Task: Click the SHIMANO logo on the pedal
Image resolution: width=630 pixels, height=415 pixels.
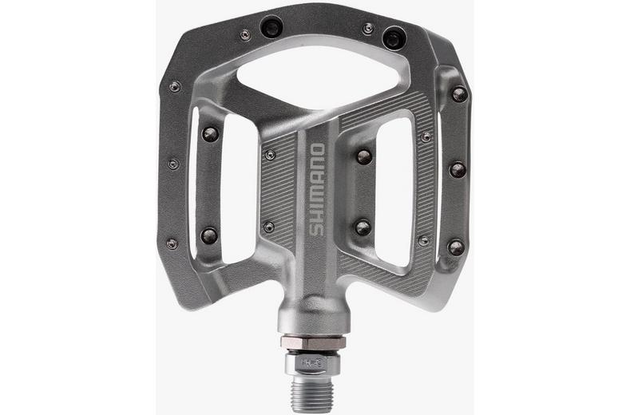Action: (316, 190)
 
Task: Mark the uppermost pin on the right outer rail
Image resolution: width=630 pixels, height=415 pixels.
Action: (459, 93)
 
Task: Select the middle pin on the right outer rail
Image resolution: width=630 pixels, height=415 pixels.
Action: (457, 169)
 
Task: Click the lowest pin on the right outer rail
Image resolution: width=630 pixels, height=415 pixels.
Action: (455, 247)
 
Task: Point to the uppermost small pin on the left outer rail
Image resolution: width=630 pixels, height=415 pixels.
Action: (175, 86)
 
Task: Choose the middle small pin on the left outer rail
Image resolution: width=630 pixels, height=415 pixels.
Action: (173, 164)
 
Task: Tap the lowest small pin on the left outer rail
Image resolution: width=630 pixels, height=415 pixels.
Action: (172, 243)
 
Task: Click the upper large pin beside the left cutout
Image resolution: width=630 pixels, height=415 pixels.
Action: (210, 134)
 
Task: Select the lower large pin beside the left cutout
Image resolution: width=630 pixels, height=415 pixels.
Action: (208, 235)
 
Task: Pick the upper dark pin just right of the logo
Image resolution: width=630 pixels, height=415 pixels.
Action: (364, 156)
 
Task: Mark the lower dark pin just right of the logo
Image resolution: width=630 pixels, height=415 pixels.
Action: (363, 227)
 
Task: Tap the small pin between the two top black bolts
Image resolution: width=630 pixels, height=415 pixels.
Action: (367, 29)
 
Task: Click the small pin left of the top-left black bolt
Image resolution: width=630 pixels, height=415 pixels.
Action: (245, 34)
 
